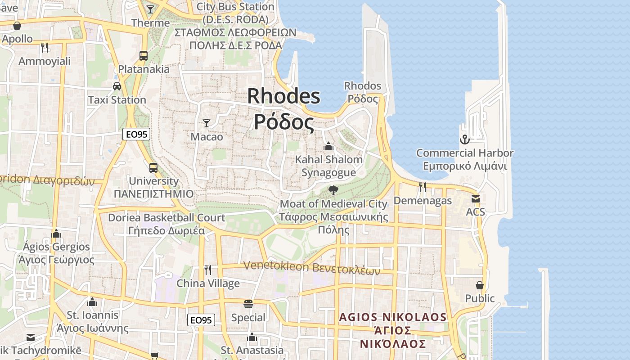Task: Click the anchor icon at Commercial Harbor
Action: click(464, 139)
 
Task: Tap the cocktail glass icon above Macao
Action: click(207, 123)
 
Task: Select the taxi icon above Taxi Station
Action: click(117, 86)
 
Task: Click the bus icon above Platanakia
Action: click(144, 56)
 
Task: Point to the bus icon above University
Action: click(153, 168)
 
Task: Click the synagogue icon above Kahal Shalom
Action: click(328, 146)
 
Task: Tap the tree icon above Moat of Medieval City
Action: click(333, 190)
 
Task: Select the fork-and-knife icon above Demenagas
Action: click(422, 187)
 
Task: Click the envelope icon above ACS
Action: click(476, 198)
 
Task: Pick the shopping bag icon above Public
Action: click(480, 285)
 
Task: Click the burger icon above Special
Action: click(248, 304)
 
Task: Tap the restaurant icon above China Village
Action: click(208, 270)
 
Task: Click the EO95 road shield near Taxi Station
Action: click(136, 134)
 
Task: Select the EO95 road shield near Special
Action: click(201, 320)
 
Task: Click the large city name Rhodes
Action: click(283, 96)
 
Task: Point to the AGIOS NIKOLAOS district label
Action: click(393, 317)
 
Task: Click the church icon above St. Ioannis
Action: click(93, 301)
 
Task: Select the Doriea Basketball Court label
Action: click(166, 218)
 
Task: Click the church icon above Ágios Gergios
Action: click(56, 234)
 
